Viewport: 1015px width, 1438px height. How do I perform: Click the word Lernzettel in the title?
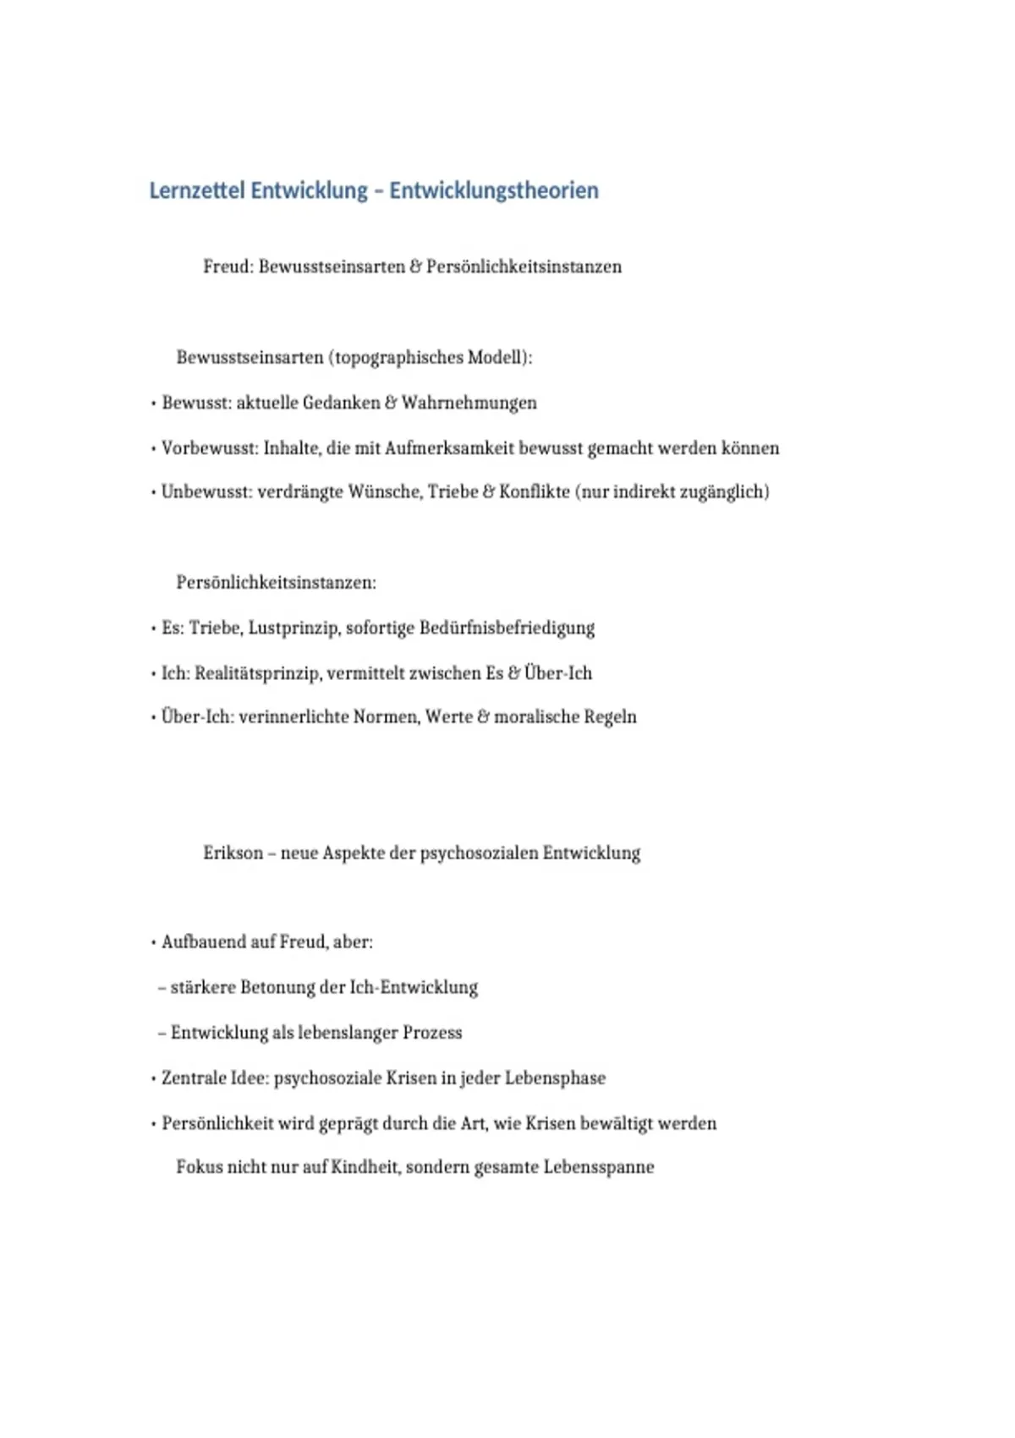(x=197, y=191)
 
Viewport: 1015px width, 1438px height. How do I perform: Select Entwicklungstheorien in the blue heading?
(x=494, y=191)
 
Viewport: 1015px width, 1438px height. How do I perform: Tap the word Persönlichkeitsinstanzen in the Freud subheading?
(x=524, y=267)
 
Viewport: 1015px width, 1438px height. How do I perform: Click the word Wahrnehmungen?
(x=469, y=403)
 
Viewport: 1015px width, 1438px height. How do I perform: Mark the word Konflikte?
(x=534, y=492)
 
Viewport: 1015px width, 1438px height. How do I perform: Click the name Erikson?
(x=233, y=853)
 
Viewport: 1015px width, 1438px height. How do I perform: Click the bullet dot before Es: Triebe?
(x=153, y=628)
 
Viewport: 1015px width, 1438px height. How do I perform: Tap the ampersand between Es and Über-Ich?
(x=513, y=674)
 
